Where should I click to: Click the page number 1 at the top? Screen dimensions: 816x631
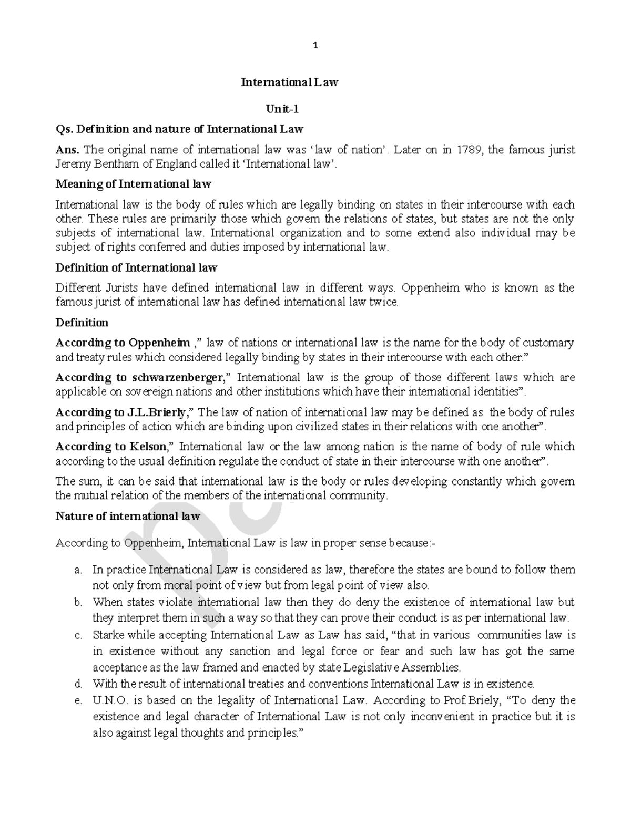coord(315,46)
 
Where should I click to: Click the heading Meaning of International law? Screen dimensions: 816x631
coord(134,184)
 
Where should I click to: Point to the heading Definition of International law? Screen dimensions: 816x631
coord(136,267)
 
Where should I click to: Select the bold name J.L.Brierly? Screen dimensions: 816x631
coord(157,412)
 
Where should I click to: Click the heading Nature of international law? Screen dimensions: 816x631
coord(128,516)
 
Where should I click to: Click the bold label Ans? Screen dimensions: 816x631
coord(67,150)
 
